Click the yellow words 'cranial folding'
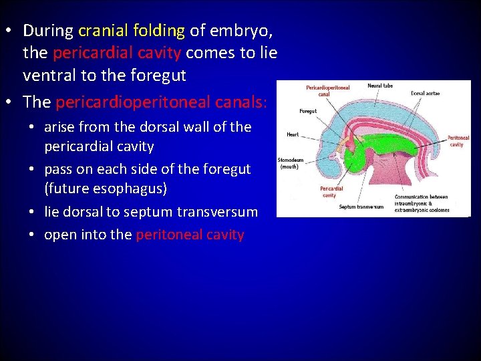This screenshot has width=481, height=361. [x=131, y=30]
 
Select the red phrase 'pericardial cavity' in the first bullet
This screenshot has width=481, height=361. [x=117, y=53]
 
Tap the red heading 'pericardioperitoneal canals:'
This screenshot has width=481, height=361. [x=162, y=102]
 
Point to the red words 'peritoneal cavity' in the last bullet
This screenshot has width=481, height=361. [x=190, y=235]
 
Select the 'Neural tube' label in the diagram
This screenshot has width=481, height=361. [x=379, y=86]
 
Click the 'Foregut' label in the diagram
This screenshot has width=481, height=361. [x=308, y=112]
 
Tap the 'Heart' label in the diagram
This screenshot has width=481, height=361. [x=293, y=134]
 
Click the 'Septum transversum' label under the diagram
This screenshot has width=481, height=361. [x=361, y=207]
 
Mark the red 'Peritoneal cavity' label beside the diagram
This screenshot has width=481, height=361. [x=458, y=141]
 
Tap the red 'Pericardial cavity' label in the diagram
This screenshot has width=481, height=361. [x=331, y=191]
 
